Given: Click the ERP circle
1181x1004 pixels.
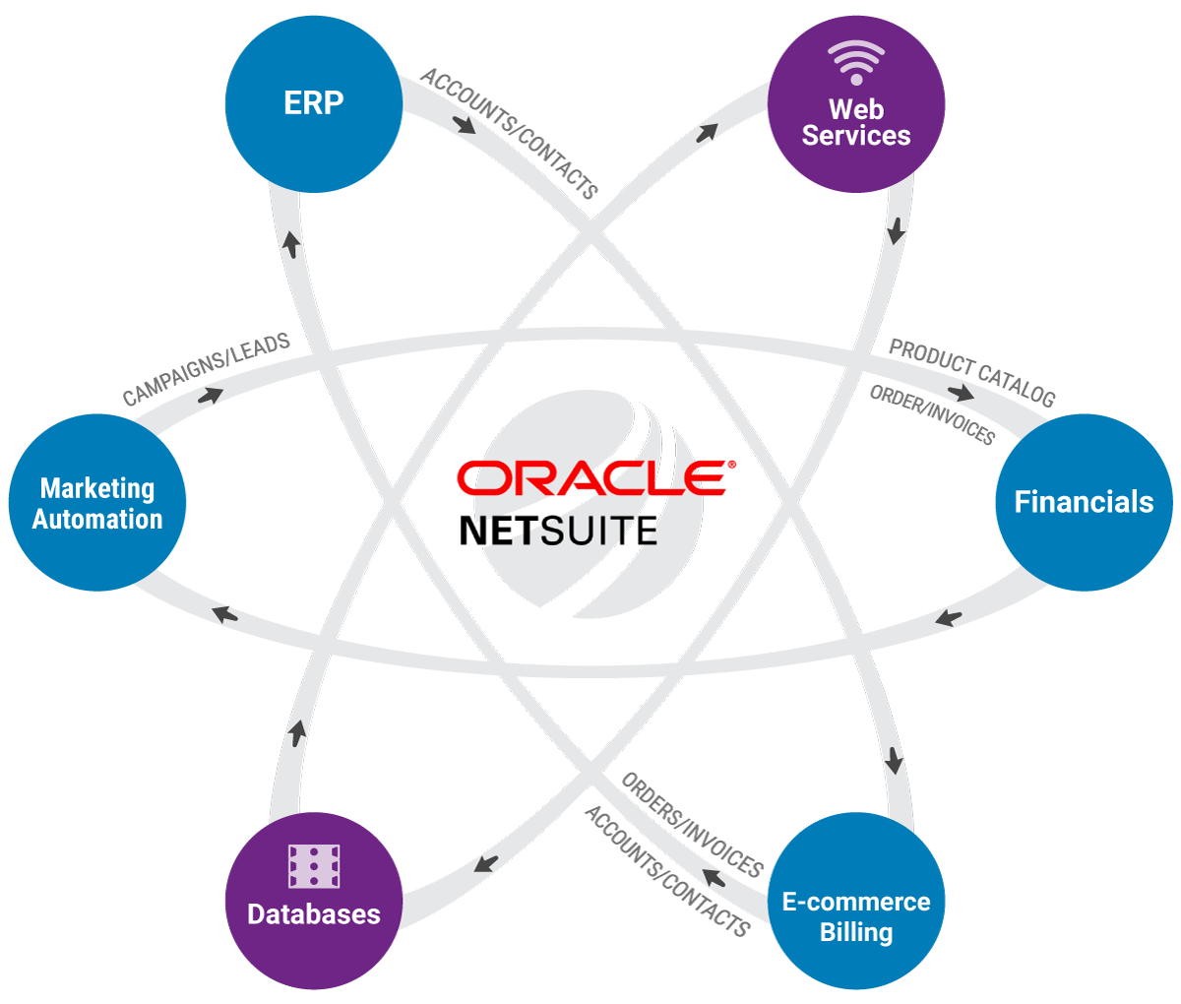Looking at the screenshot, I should point(314,103).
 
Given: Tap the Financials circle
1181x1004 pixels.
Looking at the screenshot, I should point(1084,502).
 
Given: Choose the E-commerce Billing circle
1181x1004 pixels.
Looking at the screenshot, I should point(855,901).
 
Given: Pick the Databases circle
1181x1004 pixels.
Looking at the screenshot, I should point(314,901).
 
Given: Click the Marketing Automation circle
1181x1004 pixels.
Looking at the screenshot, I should point(97,502).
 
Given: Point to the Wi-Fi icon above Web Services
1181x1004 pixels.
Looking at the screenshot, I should point(855,62).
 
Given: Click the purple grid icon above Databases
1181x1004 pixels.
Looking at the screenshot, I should point(314,866).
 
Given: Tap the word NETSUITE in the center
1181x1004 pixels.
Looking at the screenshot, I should point(558,531).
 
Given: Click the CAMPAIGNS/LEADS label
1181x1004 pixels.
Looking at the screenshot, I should point(207,369).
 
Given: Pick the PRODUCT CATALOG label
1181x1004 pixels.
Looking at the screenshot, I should point(971,372).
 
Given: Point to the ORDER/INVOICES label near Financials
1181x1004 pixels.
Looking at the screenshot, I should point(932,414).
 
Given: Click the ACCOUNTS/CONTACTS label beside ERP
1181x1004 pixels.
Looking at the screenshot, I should point(509,134).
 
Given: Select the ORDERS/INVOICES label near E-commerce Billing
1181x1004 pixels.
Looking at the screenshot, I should point(692,825).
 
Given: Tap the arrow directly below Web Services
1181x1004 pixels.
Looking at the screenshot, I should point(896,231).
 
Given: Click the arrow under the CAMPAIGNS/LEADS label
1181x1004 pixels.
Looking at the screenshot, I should point(210,395).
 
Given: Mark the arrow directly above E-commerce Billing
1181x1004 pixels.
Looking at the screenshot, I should point(894,760).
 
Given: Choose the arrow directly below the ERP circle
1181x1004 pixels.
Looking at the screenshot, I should point(290,243).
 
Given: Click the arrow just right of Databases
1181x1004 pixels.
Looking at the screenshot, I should point(485,863).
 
